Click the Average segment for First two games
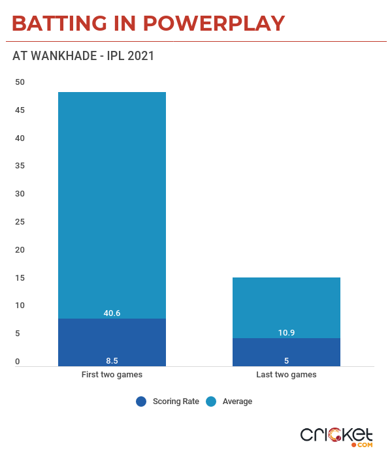(112, 202)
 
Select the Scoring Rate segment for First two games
(112, 339)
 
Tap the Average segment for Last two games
(286, 306)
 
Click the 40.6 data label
(112, 313)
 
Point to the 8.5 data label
(112, 360)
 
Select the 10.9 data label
(286, 333)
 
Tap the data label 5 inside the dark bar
(286, 360)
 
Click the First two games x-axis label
(112, 375)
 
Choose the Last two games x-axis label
(286, 375)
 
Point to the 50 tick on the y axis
(20, 82)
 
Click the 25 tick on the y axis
(20, 222)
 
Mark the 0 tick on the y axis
(18, 362)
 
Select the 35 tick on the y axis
(20, 166)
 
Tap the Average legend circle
(211, 402)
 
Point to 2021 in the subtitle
(140, 56)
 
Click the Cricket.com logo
(336, 437)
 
